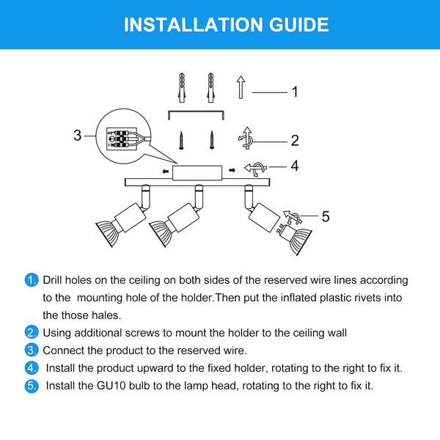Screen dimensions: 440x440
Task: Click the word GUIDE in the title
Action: pyautogui.click(x=299, y=25)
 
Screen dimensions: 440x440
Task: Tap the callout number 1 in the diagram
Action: pyautogui.click(x=295, y=92)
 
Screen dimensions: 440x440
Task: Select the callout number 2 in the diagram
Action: pyautogui.click(x=295, y=140)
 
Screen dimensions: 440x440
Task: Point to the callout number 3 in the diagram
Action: pyautogui.click(x=78, y=135)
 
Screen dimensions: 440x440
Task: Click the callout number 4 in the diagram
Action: pyautogui.click(x=294, y=166)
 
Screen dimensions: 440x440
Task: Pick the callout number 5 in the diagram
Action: pyautogui.click(x=326, y=216)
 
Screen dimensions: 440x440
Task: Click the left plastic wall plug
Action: pyautogui.click(x=182, y=87)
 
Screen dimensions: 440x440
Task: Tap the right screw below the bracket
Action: pyautogui.click(x=212, y=140)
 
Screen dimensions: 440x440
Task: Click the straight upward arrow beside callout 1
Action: pyautogui.click(x=241, y=87)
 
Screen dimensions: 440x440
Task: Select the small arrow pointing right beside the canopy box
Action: pyautogui.click(x=232, y=170)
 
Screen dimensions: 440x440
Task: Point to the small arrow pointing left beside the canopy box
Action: pyautogui.click(x=166, y=171)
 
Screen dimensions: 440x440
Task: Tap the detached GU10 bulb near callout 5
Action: pyautogui.click(x=294, y=239)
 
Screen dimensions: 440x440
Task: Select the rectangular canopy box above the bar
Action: pyautogui.click(x=197, y=172)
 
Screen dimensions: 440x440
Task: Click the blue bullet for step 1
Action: pyautogui.click(x=32, y=280)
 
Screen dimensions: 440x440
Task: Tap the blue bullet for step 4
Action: pyautogui.click(x=32, y=368)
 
